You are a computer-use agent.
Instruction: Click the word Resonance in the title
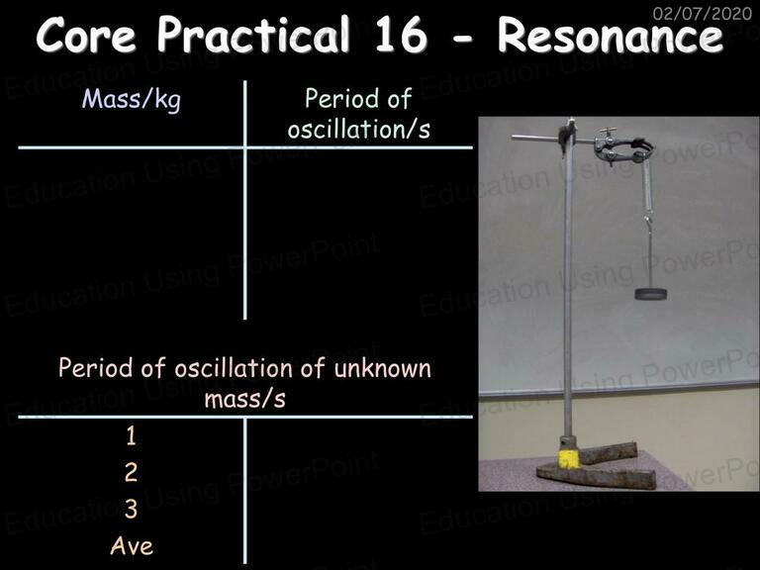click(611, 35)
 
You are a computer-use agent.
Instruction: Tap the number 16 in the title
click(401, 35)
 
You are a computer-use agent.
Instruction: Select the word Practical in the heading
click(253, 35)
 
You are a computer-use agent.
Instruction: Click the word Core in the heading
click(86, 35)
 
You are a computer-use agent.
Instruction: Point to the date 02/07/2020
click(703, 13)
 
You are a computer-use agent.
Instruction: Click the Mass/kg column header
click(132, 100)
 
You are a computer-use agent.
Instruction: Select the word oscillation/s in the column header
click(358, 130)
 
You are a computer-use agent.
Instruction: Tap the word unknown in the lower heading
click(382, 368)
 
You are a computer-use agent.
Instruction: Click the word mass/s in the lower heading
click(244, 400)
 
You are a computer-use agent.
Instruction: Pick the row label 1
click(131, 435)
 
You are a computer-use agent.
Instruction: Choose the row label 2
click(131, 472)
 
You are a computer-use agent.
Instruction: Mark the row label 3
click(131, 509)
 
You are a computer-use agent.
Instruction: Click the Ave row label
click(132, 546)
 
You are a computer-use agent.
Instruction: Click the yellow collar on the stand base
click(569, 459)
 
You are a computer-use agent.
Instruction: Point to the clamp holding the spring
click(622, 147)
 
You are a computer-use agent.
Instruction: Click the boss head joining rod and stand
click(567, 135)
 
